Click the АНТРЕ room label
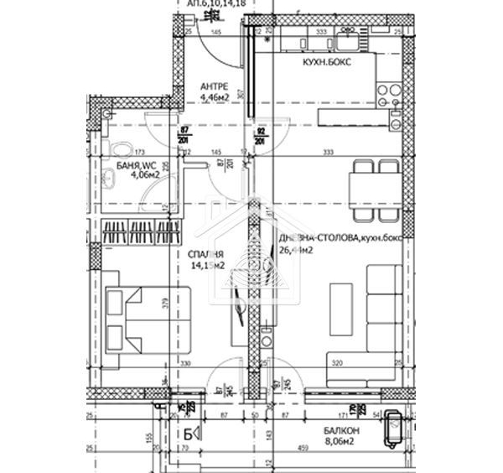[x=215, y=86]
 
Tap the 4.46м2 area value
[x=215, y=97]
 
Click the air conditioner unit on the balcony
[x=392, y=434]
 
